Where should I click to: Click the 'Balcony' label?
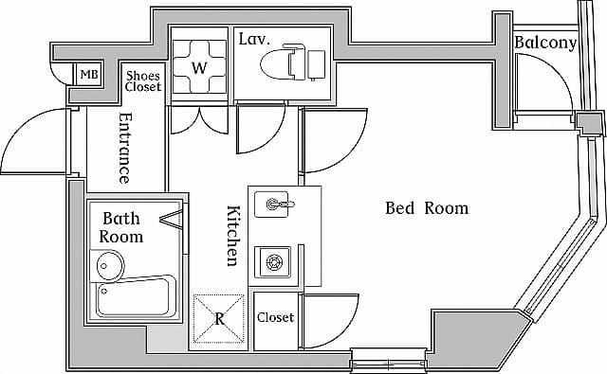pyautogui.click(x=545, y=43)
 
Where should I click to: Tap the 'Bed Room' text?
pyautogui.click(x=426, y=208)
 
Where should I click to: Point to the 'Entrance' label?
pyautogui.click(x=124, y=148)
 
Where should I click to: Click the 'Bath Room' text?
pyautogui.click(x=122, y=227)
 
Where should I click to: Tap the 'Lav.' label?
pyautogui.click(x=257, y=40)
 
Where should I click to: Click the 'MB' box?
pyautogui.click(x=88, y=75)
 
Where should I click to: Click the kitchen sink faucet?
pyautogui.click(x=277, y=203)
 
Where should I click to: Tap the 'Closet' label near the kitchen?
pyautogui.click(x=275, y=318)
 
